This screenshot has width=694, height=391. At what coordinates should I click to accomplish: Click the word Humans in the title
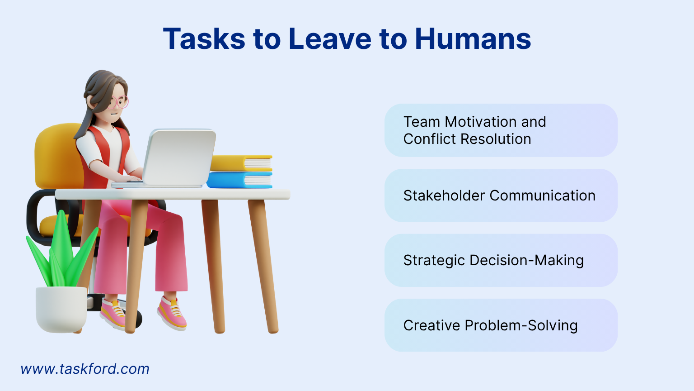(473, 39)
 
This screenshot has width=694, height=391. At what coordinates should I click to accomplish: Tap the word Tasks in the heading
(204, 39)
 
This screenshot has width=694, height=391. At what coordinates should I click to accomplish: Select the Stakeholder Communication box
(501, 195)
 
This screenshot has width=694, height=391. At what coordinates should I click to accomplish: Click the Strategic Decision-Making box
(501, 260)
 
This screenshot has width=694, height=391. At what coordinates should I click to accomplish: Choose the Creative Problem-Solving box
(501, 325)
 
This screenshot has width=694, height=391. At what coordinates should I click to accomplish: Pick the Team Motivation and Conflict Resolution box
(501, 130)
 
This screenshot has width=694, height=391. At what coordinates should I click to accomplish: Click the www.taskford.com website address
(85, 369)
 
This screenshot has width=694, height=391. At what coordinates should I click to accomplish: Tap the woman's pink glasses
(119, 102)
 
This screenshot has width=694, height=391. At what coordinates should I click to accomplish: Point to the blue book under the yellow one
(239, 180)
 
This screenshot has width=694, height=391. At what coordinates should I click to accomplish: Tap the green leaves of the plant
(61, 253)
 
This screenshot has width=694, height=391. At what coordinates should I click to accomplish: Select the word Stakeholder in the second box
(444, 195)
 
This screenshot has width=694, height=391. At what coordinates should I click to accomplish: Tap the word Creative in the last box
(431, 325)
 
